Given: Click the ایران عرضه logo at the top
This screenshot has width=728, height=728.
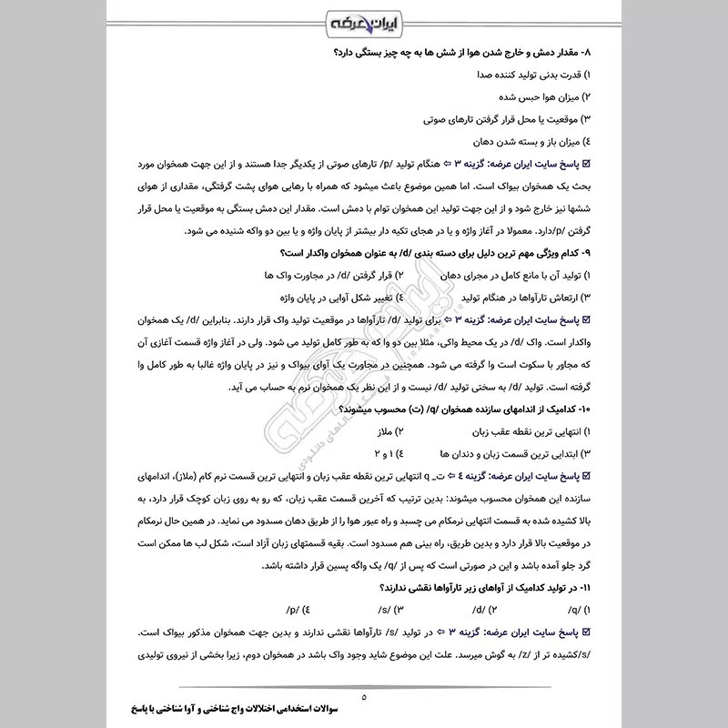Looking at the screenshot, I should click(x=363, y=21).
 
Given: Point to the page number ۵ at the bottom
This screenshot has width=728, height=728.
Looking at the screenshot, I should click(x=364, y=697).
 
